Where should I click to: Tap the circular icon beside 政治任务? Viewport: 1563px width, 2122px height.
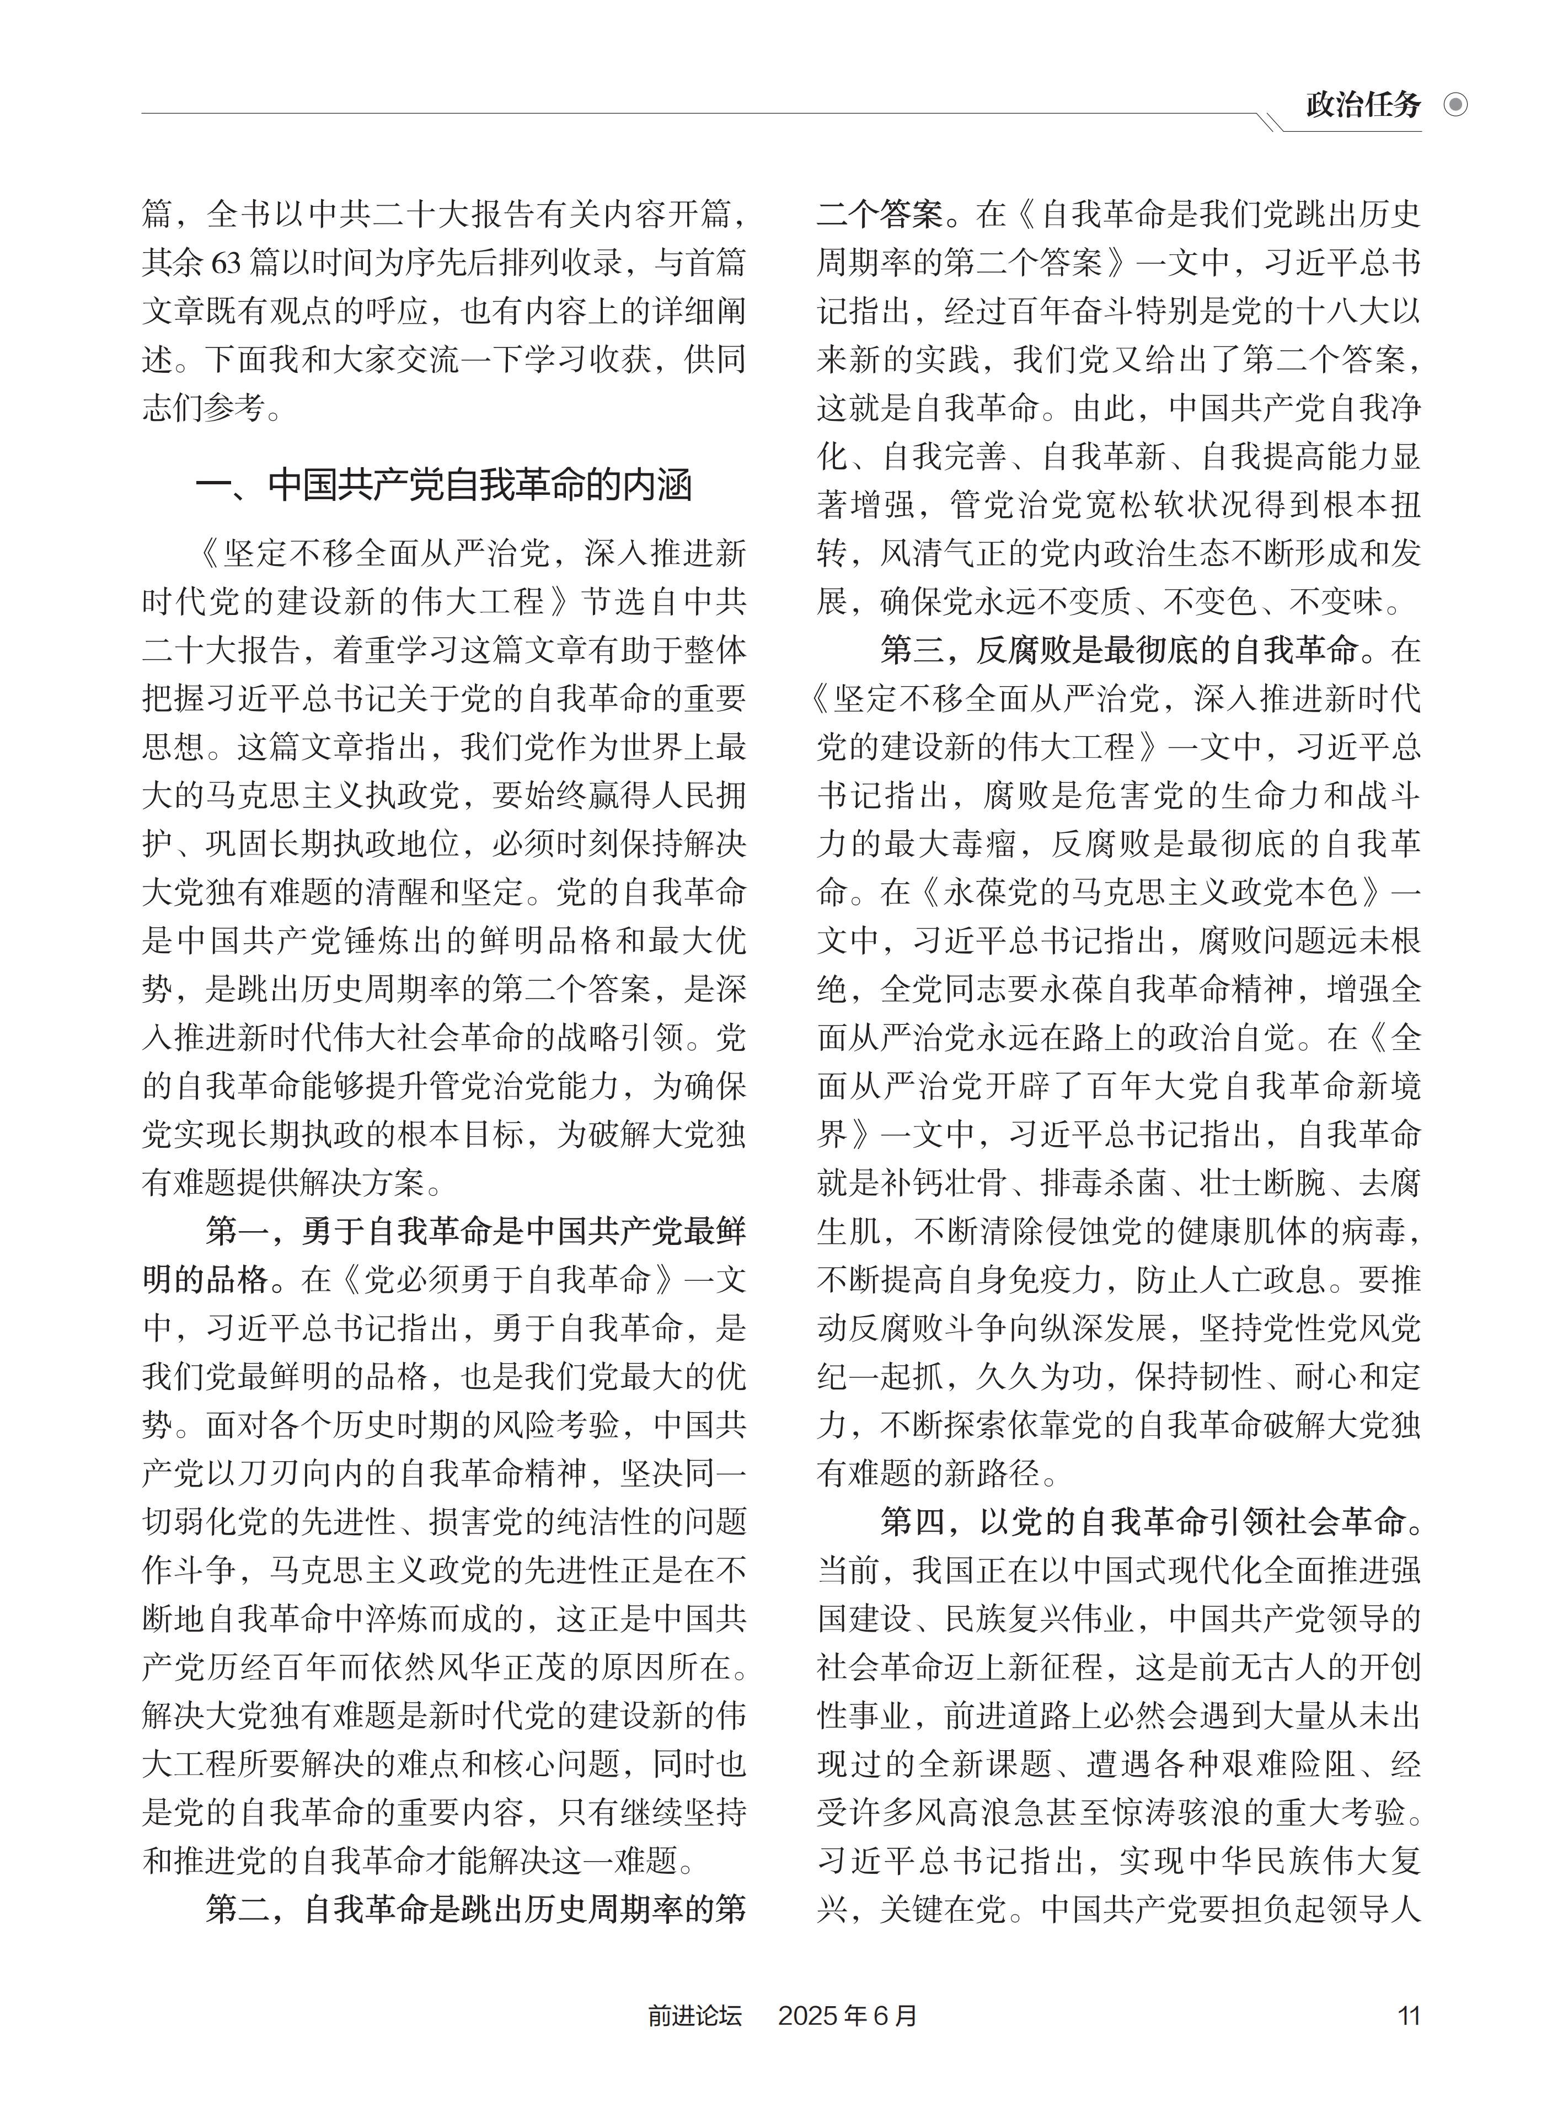click(1455, 105)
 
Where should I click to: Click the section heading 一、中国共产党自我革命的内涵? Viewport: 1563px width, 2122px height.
click(443, 485)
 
